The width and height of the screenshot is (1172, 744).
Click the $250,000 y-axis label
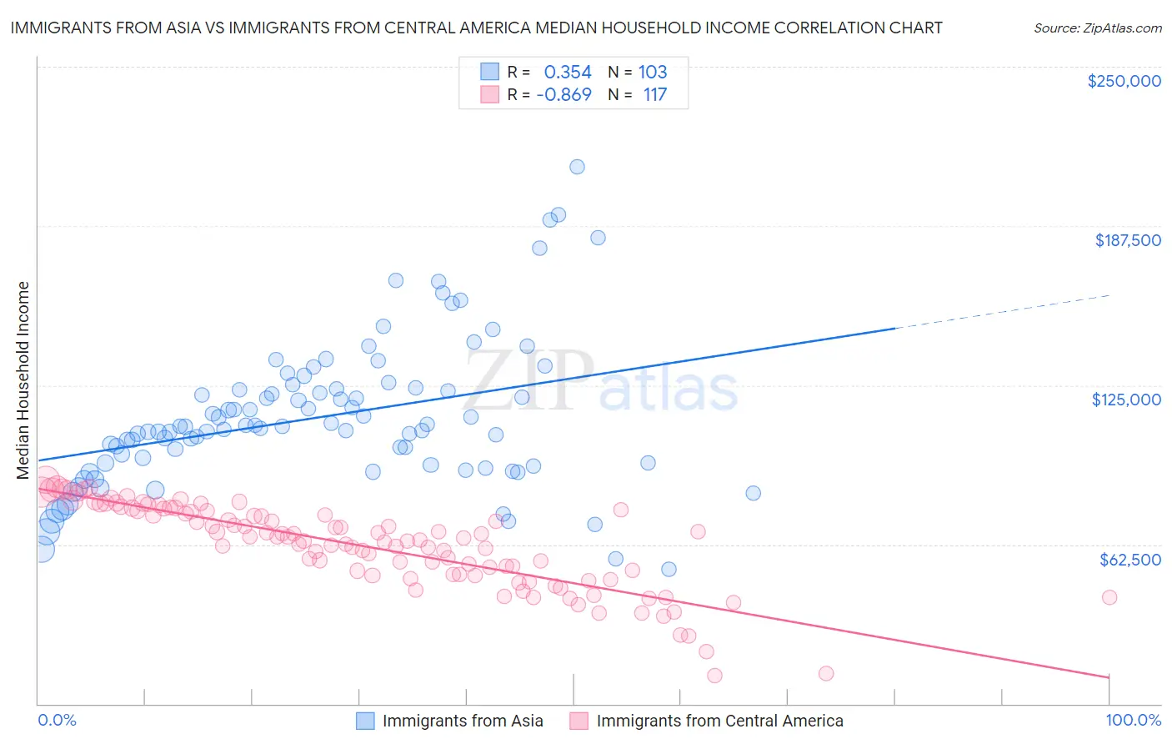pyautogui.click(x=1124, y=81)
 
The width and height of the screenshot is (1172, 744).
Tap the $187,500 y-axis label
pyautogui.click(x=1127, y=240)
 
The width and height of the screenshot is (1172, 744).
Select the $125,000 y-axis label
pyautogui.click(x=1126, y=400)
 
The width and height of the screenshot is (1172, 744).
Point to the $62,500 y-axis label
pyautogui.click(x=1129, y=559)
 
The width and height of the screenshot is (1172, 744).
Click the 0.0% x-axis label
pyautogui.click(x=57, y=720)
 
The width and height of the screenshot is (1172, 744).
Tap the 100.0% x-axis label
pyautogui.click(x=1133, y=720)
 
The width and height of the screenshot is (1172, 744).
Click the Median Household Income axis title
pyautogui.click(x=23, y=380)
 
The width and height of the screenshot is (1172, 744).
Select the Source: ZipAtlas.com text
pyautogui.click(x=1097, y=28)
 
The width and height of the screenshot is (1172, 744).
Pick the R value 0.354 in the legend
pyautogui.click(x=567, y=73)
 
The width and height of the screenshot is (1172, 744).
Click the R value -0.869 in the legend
pyautogui.click(x=563, y=95)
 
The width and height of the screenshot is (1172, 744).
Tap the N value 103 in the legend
pyautogui.click(x=653, y=73)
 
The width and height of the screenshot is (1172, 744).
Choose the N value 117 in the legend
pyautogui.click(x=655, y=95)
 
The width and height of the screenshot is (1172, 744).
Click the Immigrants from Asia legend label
pyautogui.click(x=462, y=721)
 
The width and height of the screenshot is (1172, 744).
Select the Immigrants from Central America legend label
pyautogui.click(x=719, y=721)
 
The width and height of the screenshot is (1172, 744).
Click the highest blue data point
pyautogui.click(x=577, y=167)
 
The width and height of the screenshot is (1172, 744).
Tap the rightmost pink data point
pyautogui.click(x=1109, y=597)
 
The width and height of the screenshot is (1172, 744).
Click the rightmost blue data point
pyautogui.click(x=753, y=493)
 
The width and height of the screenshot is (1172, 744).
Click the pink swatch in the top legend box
pyautogui.click(x=489, y=95)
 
